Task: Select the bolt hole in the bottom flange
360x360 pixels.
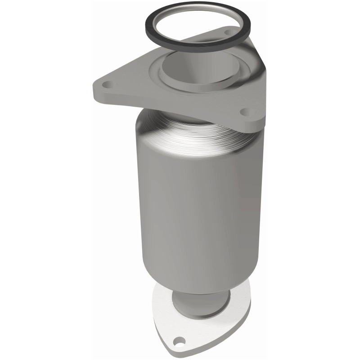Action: click(181, 341)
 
